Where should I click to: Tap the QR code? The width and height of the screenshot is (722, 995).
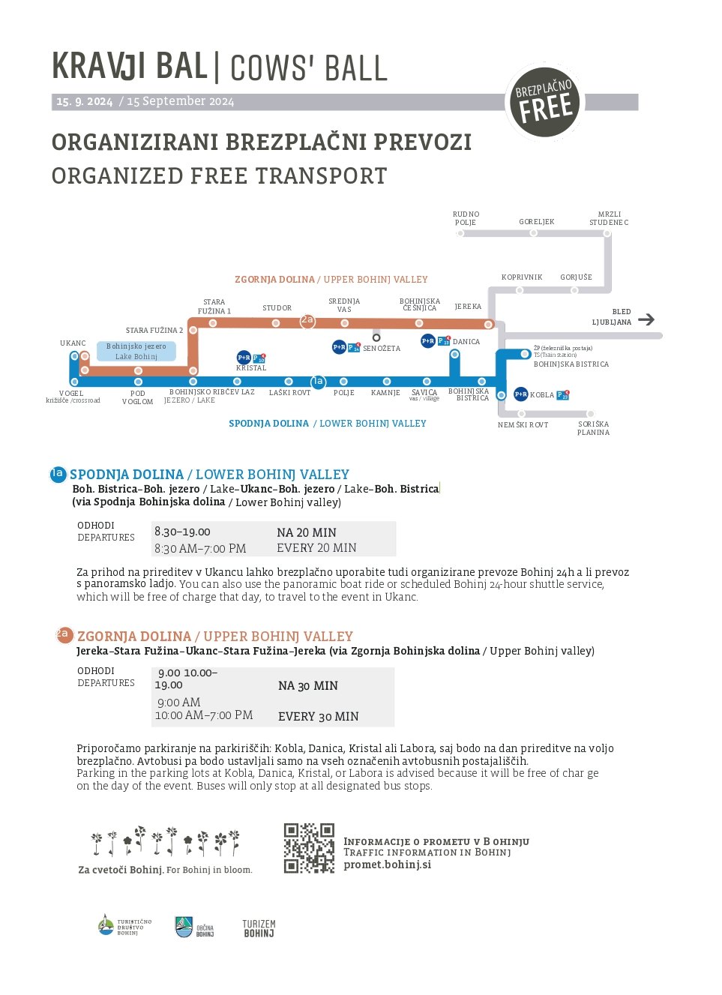coord(309,848)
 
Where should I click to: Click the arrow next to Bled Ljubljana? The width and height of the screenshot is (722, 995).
coord(646,319)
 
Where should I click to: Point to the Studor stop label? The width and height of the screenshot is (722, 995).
coord(277,308)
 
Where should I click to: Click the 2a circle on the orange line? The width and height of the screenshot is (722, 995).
coord(307,320)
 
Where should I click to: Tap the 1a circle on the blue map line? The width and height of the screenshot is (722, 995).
coord(318,382)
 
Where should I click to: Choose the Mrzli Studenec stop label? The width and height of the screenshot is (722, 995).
coord(609,218)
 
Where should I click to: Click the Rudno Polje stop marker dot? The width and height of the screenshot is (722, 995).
coord(460,233)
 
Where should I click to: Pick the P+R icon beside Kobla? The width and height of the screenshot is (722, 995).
coord(520,394)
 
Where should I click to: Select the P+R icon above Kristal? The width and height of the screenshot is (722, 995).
coord(244,358)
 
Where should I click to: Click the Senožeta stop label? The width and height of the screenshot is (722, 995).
coord(382,349)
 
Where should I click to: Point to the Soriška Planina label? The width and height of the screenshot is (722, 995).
coord(593,428)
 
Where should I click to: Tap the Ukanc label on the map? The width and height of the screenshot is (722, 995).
coord(73,343)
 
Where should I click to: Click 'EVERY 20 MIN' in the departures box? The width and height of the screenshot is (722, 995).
coord(316,548)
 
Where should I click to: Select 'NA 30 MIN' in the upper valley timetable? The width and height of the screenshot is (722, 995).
coord(307,686)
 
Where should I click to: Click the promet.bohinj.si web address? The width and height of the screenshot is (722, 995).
coord(387,865)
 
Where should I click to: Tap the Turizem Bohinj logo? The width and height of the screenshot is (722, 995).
coord(259,928)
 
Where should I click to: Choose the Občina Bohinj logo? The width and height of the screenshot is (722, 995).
coord(194,928)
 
